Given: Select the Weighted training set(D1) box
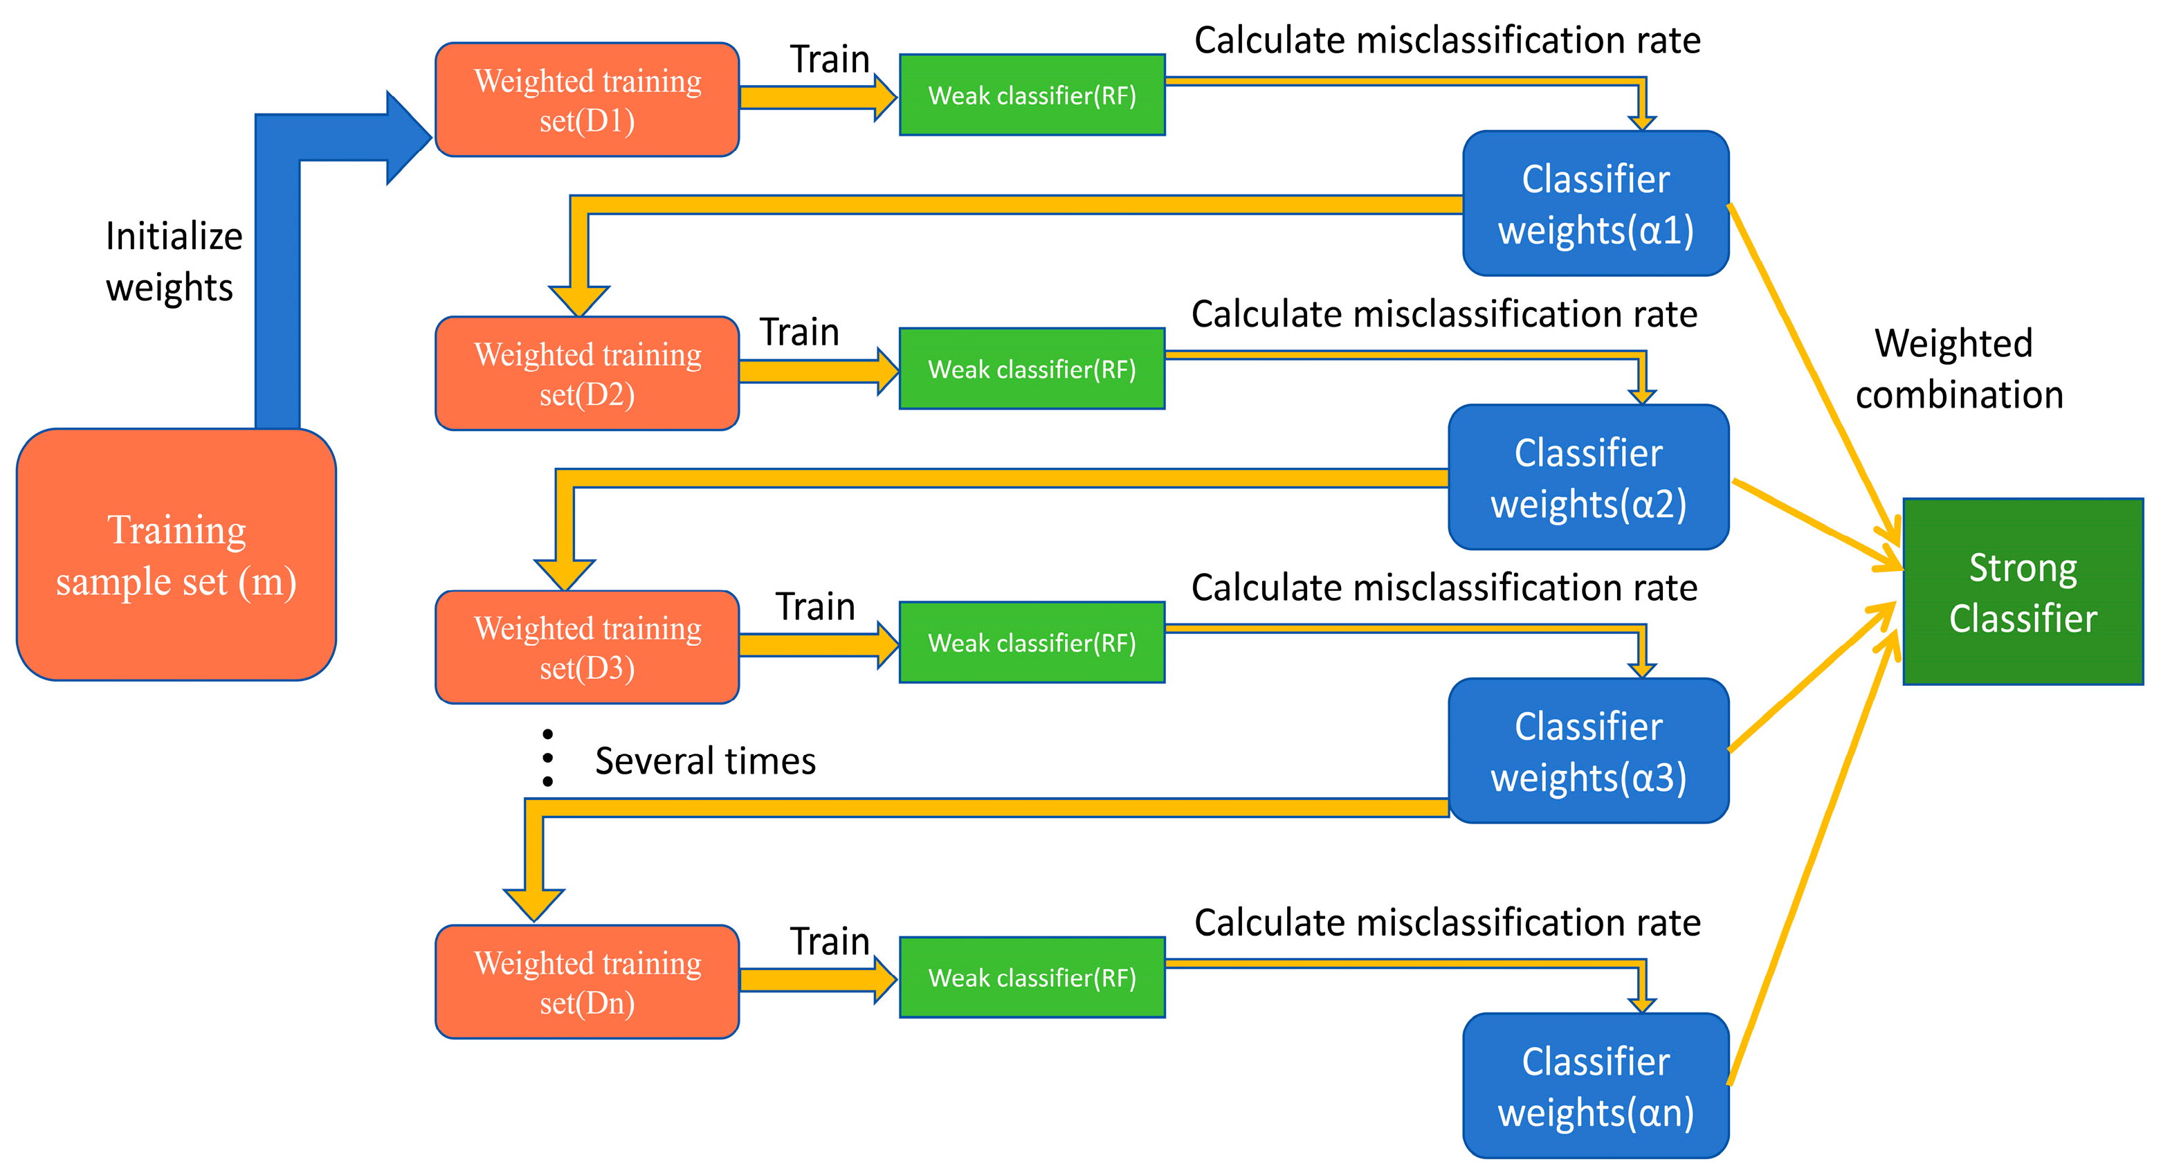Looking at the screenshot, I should click(587, 100).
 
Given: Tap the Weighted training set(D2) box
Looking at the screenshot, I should click(587, 374).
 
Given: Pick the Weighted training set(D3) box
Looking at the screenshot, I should click(587, 647).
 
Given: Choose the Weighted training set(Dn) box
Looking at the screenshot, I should click(587, 982).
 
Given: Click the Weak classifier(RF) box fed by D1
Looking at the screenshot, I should click(1032, 95).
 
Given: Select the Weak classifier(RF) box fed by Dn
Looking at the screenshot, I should click(1032, 977).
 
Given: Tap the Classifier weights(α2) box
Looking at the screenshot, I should click(1588, 478).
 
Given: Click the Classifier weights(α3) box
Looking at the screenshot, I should click(1588, 751).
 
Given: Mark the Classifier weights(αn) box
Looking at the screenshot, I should click(1596, 1086).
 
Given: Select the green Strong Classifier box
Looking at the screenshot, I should click(2023, 592).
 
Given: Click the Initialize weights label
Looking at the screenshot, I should click(173, 261).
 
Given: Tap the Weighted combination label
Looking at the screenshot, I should click(1958, 369).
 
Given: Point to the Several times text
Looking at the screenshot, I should click(704, 761).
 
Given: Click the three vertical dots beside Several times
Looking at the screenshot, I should click(548, 758).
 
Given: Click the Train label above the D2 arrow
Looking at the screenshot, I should click(799, 332).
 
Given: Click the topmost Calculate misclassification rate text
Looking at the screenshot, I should click(1446, 40).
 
